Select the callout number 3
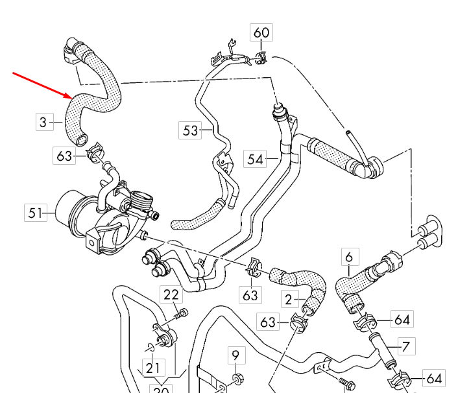[x=43, y=121]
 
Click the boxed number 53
[x=189, y=131]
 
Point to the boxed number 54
[x=255, y=158]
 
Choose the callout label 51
[x=36, y=212]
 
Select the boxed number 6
[x=349, y=257]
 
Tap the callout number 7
[x=405, y=346]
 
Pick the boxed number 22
[x=171, y=295]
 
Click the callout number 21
[x=152, y=368]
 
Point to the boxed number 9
[x=235, y=355]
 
